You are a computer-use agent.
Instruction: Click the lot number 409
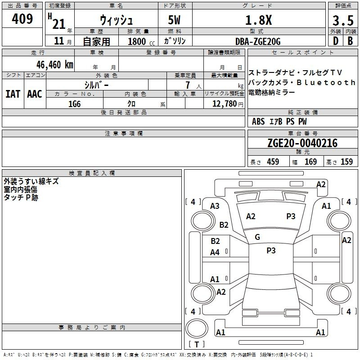[22, 18]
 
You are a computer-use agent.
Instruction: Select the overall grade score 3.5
[343, 20]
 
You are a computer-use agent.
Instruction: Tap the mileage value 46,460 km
[55, 64]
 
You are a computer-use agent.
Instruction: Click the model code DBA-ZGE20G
[258, 41]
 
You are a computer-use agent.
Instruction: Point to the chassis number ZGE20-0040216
[302, 143]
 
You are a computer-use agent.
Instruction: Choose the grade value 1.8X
[258, 20]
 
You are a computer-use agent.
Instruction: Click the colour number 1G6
[74, 104]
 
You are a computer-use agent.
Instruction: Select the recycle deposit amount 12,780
[224, 103]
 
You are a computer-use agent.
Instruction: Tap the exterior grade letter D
[335, 41]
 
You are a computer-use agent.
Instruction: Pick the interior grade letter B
[350, 41]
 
